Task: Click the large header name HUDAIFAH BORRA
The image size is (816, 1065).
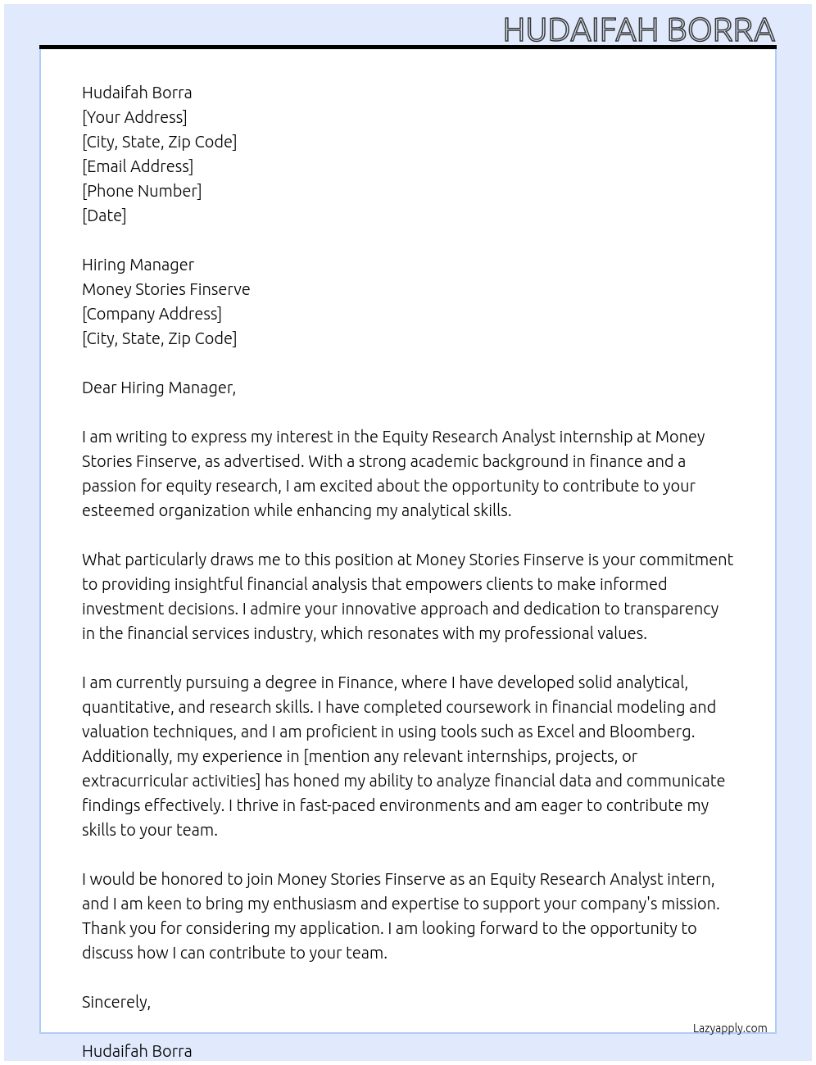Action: [x=639, y=29]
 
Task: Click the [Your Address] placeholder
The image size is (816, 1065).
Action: [x=134, y=117]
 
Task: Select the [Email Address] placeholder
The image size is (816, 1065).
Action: [x=138, y=166]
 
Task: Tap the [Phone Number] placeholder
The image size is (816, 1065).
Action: [x=142, y=191]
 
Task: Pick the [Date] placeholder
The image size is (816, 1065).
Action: [x=104, y=215]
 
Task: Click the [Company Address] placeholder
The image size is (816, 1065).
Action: [x=152, y=314]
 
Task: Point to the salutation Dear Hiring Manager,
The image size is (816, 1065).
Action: [x=159, y=387]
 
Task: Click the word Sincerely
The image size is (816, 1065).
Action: [x=116, y=1002]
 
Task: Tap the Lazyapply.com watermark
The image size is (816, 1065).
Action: [x=730, y=1028]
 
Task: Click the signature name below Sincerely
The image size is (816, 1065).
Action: [x=137, y=1051]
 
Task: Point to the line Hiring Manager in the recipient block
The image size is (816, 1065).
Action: [x=138, y=265]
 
